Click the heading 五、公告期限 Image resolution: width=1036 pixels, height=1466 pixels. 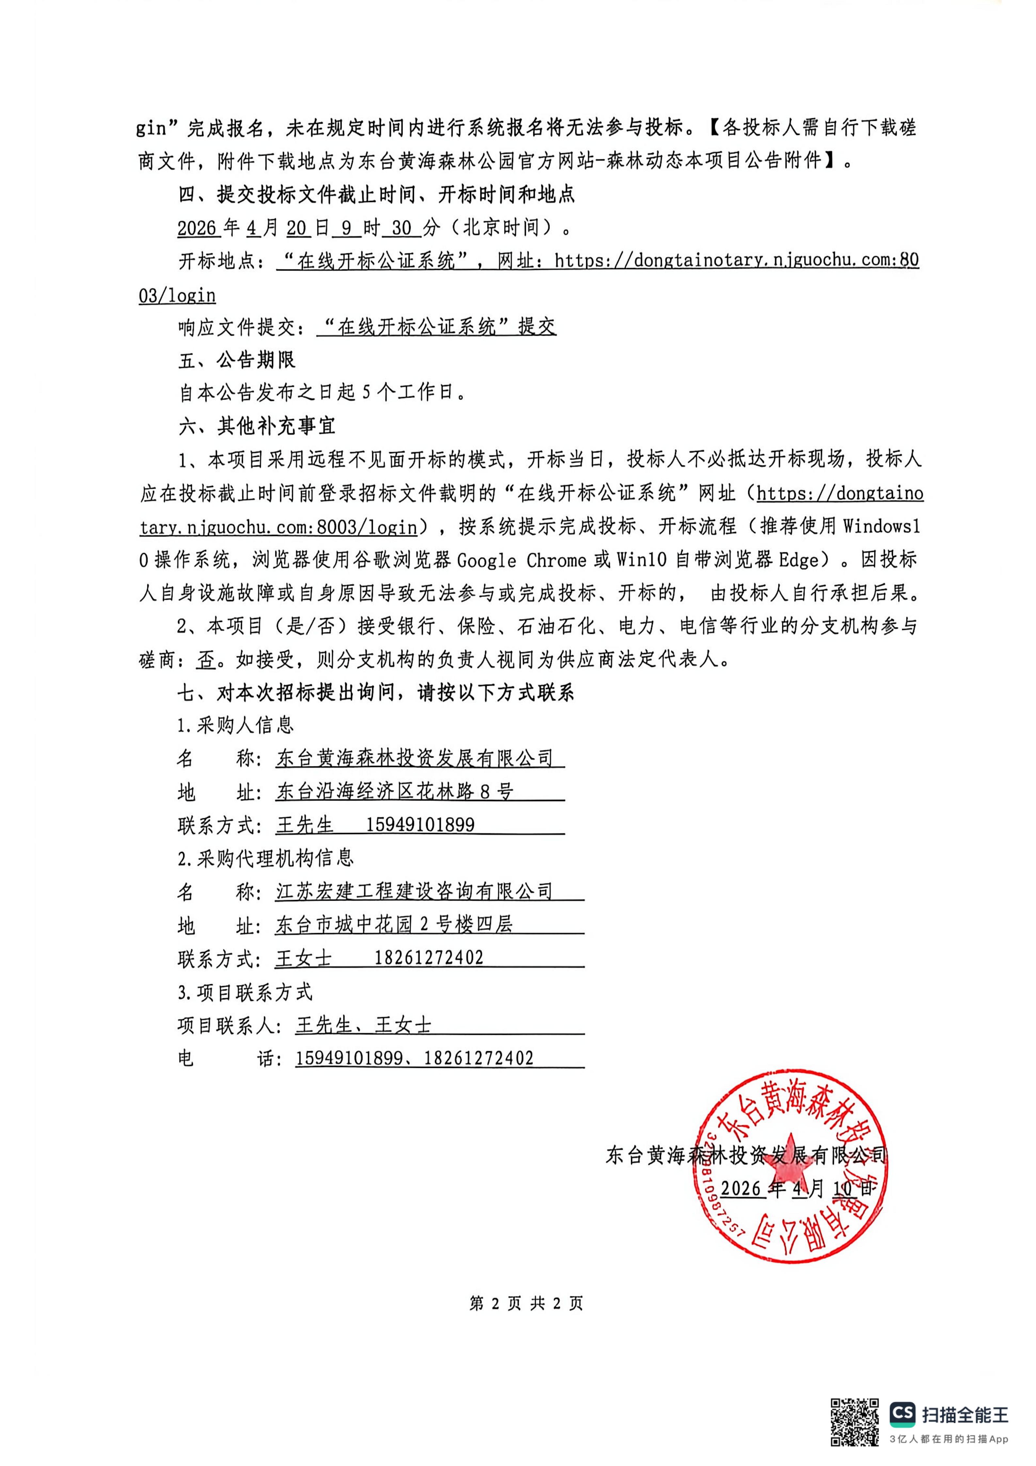[236, 360]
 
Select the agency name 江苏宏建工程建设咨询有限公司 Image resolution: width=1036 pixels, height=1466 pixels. [414, 891]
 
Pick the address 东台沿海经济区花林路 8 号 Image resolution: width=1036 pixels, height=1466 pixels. [394, 792]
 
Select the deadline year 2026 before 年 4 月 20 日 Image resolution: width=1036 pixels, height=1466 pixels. [197, 227]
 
